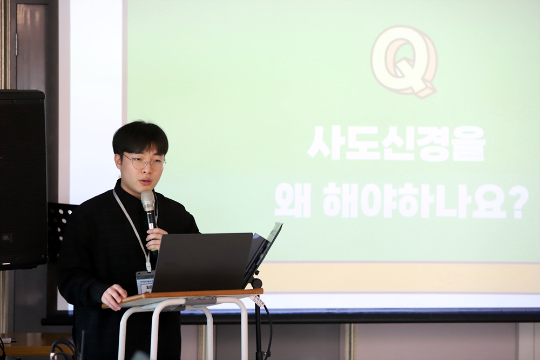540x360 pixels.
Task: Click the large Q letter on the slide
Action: coord(404,61)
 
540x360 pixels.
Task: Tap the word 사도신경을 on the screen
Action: coord(396,144)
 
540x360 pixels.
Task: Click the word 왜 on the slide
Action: coord(293,200)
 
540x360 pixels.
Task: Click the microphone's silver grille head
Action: coord(148,200)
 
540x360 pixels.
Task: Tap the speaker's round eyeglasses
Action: coord(144,162)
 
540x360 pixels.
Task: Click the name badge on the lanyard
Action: coord(144,282)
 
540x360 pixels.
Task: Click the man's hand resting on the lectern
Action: coord(113,296)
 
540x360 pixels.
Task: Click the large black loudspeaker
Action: coord(23,178)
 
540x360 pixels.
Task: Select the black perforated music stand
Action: coord(60,221)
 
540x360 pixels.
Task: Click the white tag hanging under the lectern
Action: coord(258,301)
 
